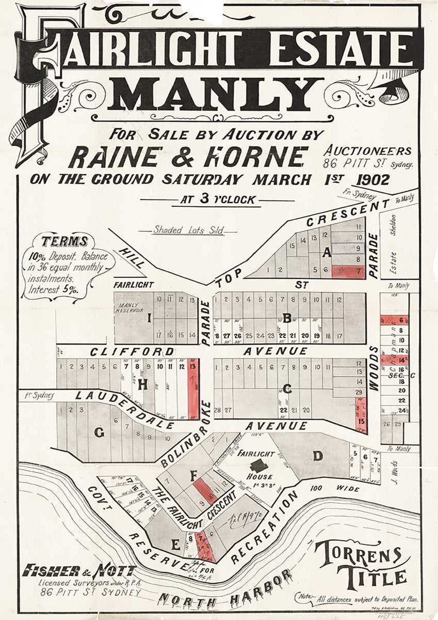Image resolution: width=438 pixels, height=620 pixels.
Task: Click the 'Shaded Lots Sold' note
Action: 188,230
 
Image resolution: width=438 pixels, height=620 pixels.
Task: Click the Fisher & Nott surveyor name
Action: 78,571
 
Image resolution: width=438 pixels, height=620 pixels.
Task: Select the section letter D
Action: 318,456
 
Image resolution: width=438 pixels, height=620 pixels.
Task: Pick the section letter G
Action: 99,433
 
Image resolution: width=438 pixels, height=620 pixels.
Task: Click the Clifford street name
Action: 132,351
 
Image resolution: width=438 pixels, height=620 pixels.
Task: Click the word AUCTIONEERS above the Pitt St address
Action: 368,151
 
